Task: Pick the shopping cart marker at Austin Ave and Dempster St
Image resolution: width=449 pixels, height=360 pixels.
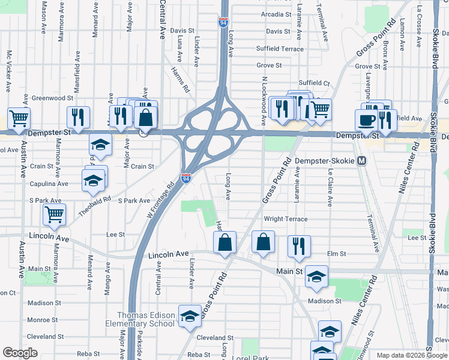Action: [19, 118]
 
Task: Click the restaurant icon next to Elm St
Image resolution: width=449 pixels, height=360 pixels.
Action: [298, 246]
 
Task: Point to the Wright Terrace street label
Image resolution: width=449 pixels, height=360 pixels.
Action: [285, 220]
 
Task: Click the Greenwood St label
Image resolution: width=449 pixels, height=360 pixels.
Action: [52, 97]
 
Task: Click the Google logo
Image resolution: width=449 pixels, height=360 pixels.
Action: [20, 353]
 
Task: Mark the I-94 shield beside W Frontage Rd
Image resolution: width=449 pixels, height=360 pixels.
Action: [185, 178]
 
